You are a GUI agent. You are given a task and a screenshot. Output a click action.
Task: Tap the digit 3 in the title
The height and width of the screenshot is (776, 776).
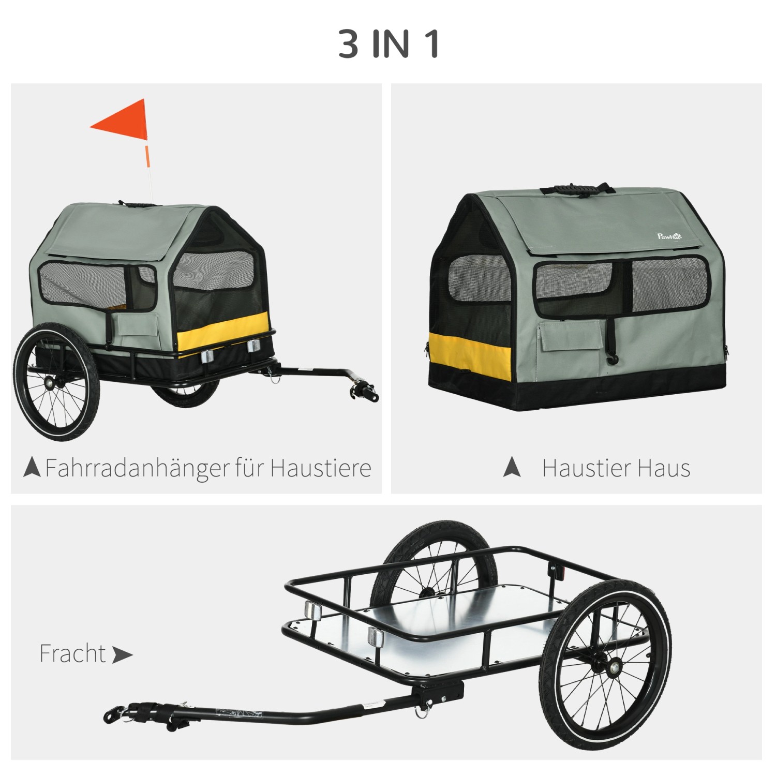click(x=349, y=44)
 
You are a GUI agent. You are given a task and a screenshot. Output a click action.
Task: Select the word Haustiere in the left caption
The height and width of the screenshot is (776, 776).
click(x=320, y=468)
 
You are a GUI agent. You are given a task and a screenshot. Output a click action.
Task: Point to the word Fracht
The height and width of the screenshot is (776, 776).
click(x=72, y=653)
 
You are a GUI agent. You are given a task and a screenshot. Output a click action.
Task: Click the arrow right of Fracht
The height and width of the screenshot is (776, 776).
click(x=122, y=655)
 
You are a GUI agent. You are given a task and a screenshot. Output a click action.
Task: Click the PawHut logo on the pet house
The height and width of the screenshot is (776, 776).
click(x=669, y=236)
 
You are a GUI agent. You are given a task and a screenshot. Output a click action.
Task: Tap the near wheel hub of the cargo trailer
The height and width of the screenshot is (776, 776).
click(x=614, y=668)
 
